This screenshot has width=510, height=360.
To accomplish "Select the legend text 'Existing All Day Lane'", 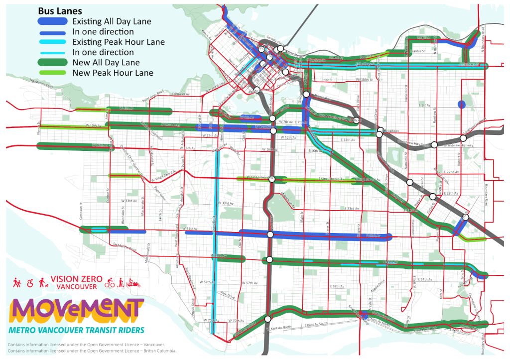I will pos(112,21).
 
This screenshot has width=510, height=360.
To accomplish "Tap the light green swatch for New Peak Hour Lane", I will pos(52,73).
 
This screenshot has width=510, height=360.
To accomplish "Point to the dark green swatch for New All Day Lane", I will pos(52,63).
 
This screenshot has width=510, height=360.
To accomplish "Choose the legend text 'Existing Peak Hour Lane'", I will pos(118,42).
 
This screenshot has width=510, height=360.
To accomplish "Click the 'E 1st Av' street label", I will pos(424,105).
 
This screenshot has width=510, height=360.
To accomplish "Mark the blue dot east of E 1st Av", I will pos(461,104).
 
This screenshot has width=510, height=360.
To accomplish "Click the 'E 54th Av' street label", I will pos(425,279).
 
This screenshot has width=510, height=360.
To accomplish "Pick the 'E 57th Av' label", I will pos(337,286).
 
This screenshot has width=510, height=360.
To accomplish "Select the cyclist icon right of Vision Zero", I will pos(109,283).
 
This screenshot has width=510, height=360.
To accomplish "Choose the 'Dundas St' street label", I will pos(417,51).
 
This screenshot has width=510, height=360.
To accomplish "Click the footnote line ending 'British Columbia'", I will pos(92,351).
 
